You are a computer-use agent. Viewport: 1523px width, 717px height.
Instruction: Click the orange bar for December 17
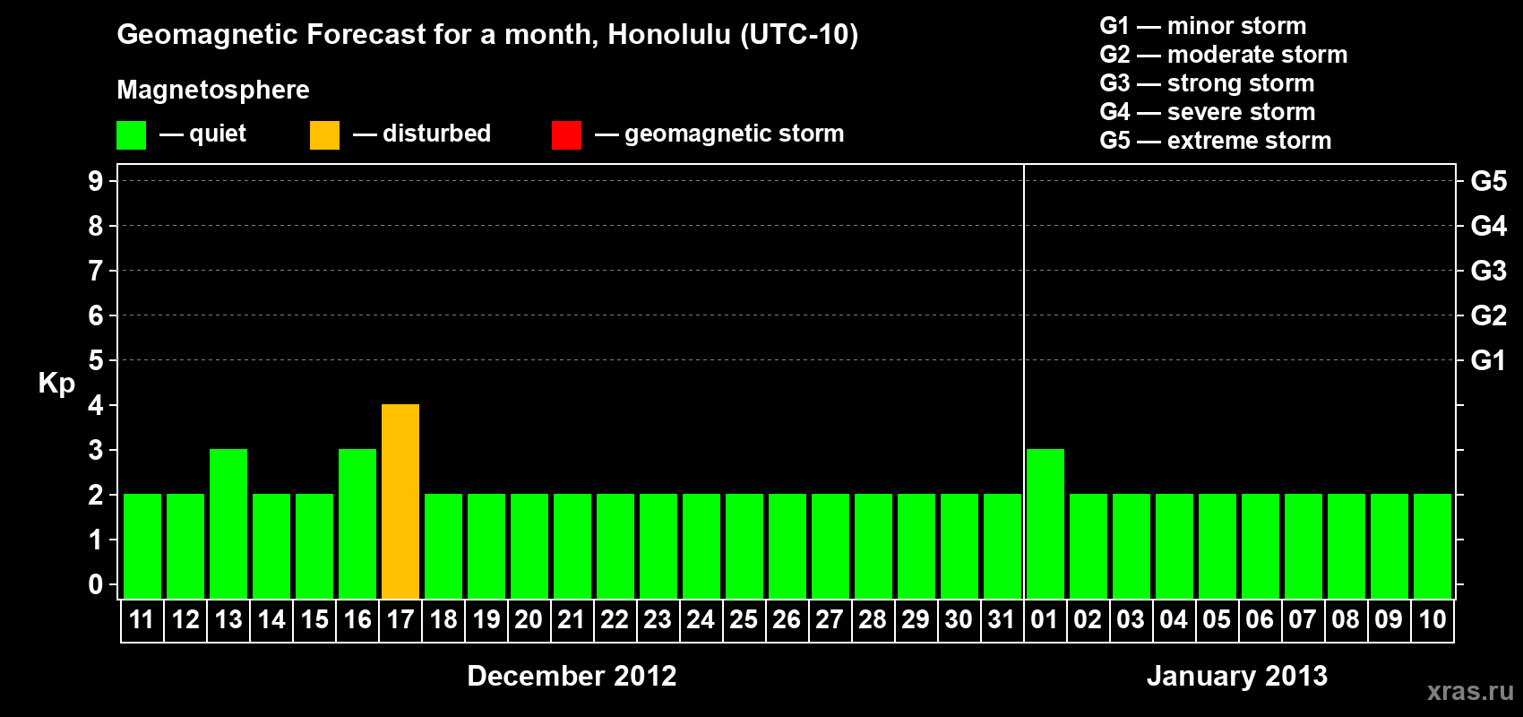(400, 501)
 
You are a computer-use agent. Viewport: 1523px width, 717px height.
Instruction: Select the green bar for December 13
(228, 523)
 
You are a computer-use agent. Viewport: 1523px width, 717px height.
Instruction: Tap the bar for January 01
(1045, 523)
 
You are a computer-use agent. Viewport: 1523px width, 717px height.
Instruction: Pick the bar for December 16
(357, 523)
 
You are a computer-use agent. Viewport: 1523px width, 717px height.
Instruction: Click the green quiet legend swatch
(131, 134)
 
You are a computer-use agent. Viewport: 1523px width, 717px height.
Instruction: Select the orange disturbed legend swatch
(324, 134)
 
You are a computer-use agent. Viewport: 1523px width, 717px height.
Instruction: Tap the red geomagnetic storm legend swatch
(566, 134)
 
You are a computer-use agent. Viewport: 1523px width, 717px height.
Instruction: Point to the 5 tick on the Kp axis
(95, 360)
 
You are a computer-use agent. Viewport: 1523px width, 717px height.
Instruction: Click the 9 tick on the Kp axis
(95, 181)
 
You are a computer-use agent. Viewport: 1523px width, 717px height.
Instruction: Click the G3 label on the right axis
(1489, 271)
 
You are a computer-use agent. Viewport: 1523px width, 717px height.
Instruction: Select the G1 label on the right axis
(1488, 360)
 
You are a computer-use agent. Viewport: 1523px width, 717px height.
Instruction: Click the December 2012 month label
(572, 676)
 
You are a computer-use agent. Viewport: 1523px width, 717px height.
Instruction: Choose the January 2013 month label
(1236, 676)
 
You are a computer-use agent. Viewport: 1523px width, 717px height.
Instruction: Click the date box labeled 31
(1002, 620)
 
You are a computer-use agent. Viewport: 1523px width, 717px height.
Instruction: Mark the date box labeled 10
(1433, 620)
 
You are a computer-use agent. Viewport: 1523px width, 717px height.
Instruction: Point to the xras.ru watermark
(1471, 691)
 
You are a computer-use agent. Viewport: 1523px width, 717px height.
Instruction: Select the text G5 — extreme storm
(1215, 141)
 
